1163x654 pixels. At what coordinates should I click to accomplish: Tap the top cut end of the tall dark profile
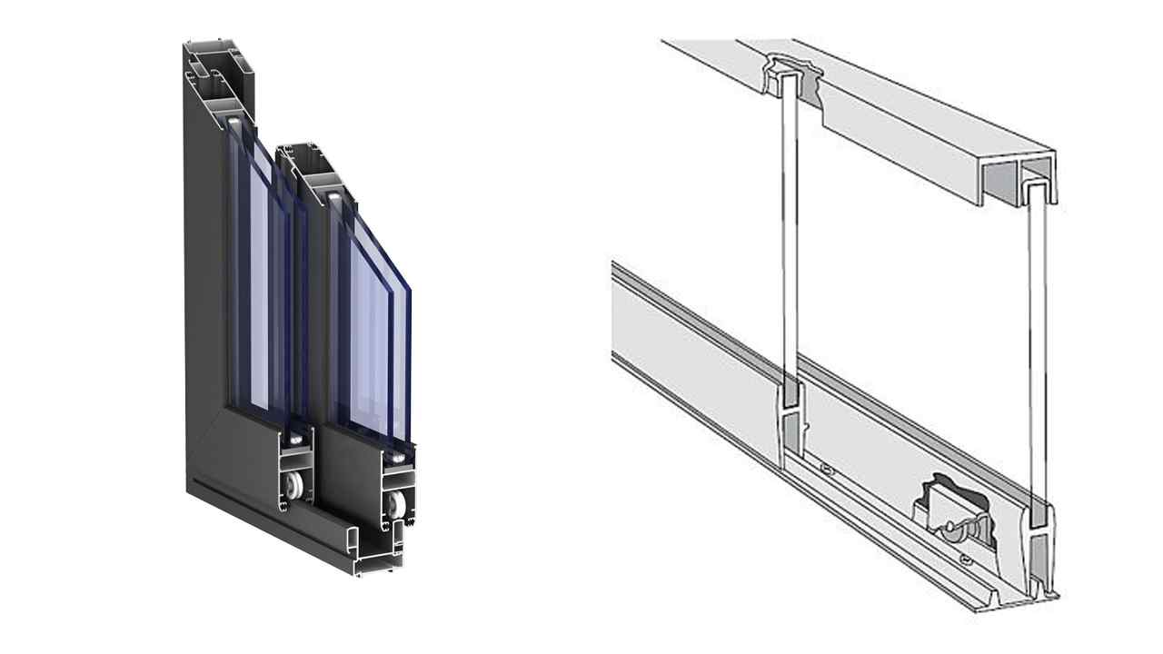tap(218, 72)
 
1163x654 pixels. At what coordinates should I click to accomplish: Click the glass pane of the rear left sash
tap(258, 272)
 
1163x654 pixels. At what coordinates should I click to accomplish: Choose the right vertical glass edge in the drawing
tap(1038, 363)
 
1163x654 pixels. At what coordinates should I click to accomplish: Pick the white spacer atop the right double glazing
tap(335, 195)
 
